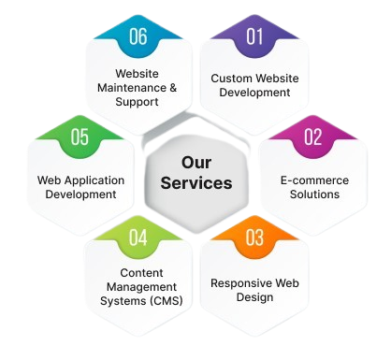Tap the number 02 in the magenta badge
coord(312,138)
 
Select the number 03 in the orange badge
coord(254,238)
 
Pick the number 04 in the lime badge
coord(138,238)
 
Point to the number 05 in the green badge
coord(80,138)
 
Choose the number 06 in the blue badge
coord(138,38)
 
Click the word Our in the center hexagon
coord(195,162)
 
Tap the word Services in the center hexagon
coord(195,183)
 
